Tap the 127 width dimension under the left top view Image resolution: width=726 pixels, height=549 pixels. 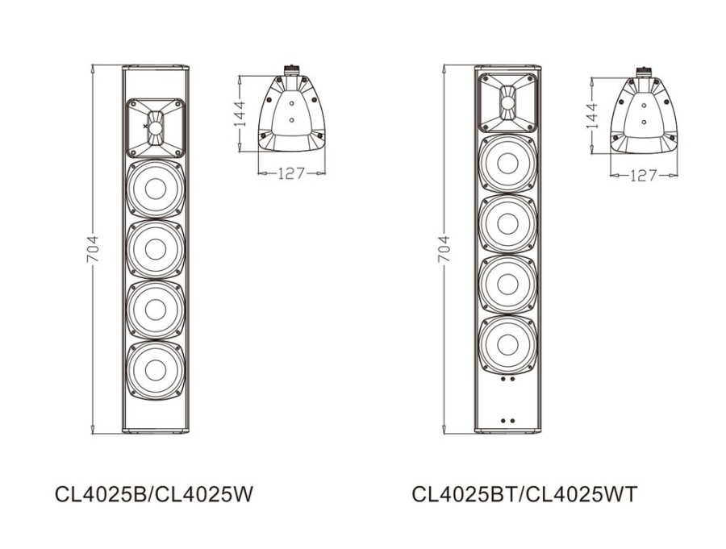pyautogui.click(x=291, y=173)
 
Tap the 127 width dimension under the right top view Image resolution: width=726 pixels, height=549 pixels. pyautogui.click(x=643, y=174)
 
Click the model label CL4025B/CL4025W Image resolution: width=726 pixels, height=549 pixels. pyautogui.click(x=154, y=493)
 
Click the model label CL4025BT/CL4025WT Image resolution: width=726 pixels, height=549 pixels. pyautogui.click(x=524, y=493)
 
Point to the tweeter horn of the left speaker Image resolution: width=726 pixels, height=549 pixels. pyautogui.click(x=155, y=127)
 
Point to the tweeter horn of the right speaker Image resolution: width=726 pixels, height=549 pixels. pyautogui.click(x=507, y=102)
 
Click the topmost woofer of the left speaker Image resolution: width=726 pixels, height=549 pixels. pyautogui.click(x=155, y=189)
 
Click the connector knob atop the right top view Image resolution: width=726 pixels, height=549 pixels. pyautogui.click(x=643, y=72)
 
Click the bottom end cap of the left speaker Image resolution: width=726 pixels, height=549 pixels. pyautogui.click(x=155, y=430)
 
